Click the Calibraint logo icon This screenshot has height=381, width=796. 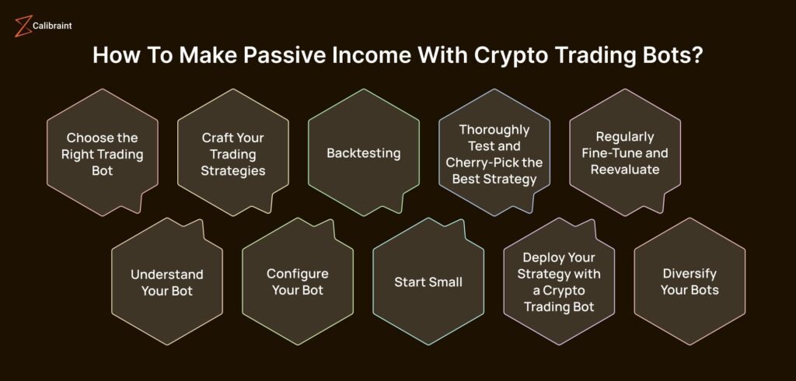point(23,26)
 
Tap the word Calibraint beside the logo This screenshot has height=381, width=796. point(52,26)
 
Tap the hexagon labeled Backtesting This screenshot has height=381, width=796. point(364,152)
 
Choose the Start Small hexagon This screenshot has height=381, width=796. point(428,281)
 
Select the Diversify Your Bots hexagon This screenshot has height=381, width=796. point(690,281)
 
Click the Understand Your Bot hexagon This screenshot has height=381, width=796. point(167,281)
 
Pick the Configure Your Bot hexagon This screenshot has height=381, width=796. point(298,281)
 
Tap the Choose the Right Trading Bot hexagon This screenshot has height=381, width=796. point(103,152)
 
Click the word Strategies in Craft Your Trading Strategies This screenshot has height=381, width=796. point(233,171)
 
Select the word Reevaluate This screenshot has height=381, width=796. point(625,170)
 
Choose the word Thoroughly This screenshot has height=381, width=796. point(494,130)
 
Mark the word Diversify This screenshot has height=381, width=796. point(690,274)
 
